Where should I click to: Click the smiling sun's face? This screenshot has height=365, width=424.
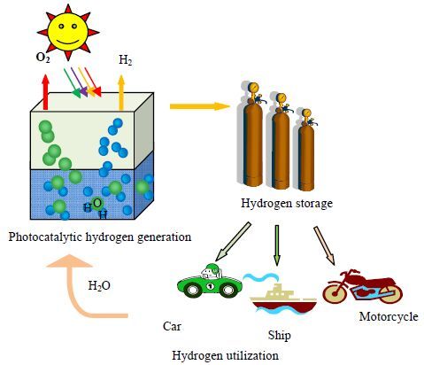tap(67, 31)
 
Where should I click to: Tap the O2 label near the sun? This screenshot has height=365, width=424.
tap(42, 58)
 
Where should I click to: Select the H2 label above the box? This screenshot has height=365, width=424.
tap(126, 60)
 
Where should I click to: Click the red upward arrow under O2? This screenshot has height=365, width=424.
tap(45, 92)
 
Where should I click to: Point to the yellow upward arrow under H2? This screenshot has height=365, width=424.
tap(121, 93)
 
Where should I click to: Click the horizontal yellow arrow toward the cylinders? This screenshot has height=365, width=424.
tap(200, 106)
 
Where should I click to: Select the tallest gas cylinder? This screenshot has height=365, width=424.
tap(253, 136)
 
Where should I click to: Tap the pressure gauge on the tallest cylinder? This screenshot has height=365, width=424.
tap(253, 88)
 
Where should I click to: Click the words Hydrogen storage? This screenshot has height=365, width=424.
tap(287, 204)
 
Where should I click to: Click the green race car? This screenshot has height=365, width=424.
tap(210, 282)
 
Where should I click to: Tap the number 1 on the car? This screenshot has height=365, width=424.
tap(211, 286)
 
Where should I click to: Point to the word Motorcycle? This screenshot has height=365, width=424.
tap(389, 317)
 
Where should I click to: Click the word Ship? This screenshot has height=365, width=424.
tap(279, 336)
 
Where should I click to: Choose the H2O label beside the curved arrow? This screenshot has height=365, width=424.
tap(99, 285)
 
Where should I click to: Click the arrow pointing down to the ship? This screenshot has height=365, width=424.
tap(276, 245)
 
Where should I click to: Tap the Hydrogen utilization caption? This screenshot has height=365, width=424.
tap(225, 355)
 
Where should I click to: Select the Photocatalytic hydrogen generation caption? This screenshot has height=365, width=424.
tap(100, 237)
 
